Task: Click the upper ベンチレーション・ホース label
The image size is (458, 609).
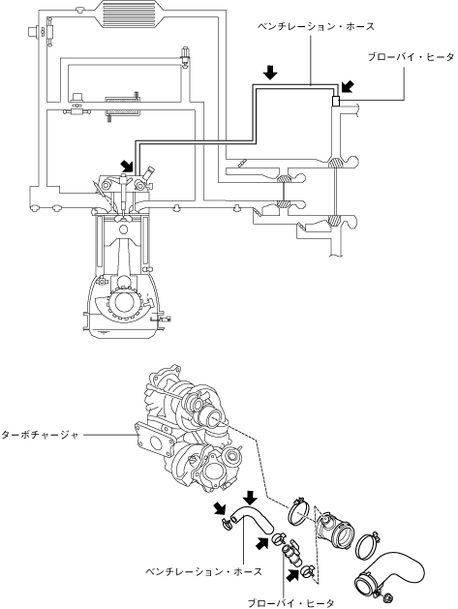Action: point(317,27)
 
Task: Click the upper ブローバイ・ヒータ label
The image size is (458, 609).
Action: point(411,57)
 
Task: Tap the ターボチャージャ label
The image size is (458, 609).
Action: point(40,435)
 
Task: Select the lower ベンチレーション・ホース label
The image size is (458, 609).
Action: point(204,571)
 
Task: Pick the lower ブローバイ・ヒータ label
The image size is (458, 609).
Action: point(290,603)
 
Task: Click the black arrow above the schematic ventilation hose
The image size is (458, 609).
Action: point(270,73)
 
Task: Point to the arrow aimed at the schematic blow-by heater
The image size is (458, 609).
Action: point(348,87)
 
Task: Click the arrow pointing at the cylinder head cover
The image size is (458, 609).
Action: point(128,166)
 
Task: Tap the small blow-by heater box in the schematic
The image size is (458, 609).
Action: point(336,101)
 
